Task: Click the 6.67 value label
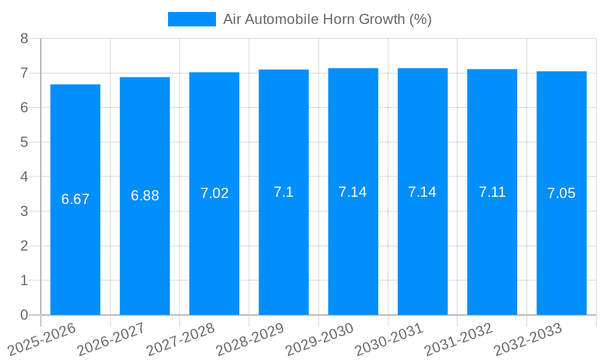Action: tap(75, 199)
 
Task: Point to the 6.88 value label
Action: tap(145, 196)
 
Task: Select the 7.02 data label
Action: tap(214, 193)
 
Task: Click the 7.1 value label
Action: tap(284, 192)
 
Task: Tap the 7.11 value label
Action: tap(492, 192)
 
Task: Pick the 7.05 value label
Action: tap(562, 193)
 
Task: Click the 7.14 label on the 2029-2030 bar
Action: tap(353, 192)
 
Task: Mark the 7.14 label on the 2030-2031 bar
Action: tap(422, 192)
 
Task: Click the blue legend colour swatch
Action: tap(191, 19)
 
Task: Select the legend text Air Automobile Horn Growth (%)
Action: tap(327, 19)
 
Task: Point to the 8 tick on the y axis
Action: tap(24, 38)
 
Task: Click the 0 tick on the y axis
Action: tap(24, 315)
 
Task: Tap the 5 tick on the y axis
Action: tap(24, 142)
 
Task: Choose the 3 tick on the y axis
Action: tap(24, 211)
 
